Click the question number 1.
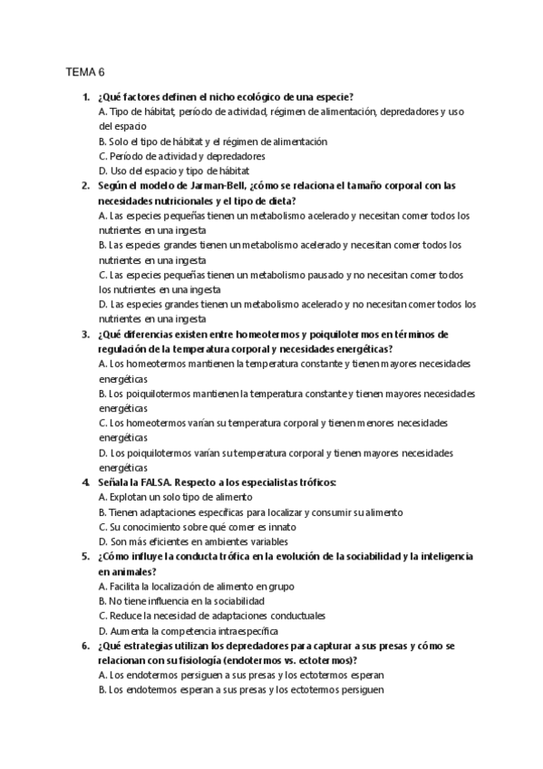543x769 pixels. pos(84,97)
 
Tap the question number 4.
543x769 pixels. pos(84,482)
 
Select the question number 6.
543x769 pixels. pos(84,645)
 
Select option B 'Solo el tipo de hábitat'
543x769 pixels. pos(212,141)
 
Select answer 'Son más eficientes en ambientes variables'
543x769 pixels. pos(193,541)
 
